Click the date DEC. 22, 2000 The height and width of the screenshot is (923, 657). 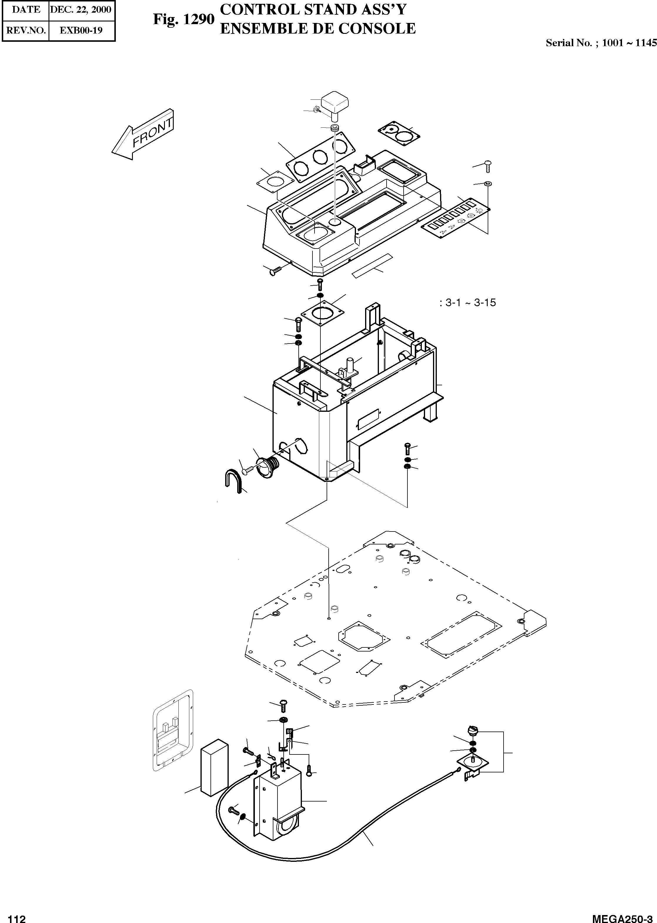pyautogui.click(x=81, y=10)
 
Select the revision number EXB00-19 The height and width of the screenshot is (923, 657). pyautogui.click(x=81, y=30)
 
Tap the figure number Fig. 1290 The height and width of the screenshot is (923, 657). pyautogui.click(x=183, y=19)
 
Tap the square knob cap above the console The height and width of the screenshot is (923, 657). pyautogui.click(x=335, y=103)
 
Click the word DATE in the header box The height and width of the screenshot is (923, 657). pyautogui.click(x=26, y=10)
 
